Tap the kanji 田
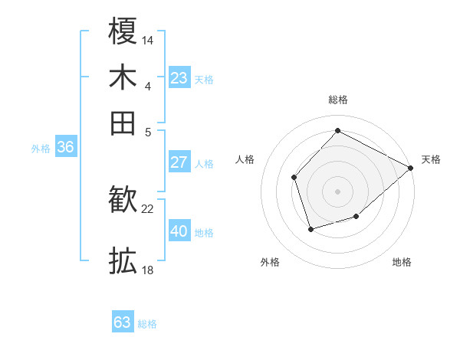[123, 123]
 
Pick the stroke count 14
[148, 39]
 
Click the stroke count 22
[148, 208]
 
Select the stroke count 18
[148, 270]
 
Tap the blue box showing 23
[179, 78]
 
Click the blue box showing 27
[179, 162]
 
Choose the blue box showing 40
[179, 231]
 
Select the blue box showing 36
[65, 148]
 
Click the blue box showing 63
[122, 322]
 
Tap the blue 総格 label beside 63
[147, 324]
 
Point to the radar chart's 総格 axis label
[337, 100]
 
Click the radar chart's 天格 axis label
[431, 159]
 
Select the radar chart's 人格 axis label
[245, 159]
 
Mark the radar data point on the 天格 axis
[411, 168]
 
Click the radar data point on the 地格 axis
[356, 218]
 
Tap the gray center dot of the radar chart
[337, 191]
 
